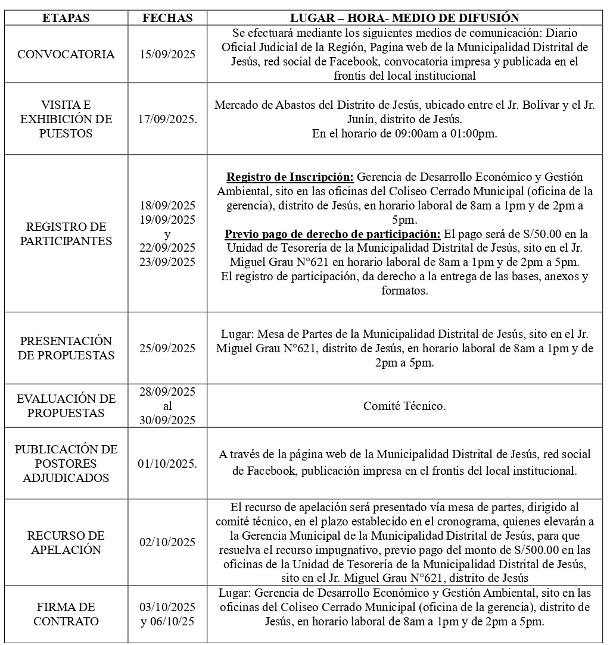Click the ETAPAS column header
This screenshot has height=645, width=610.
coord(66,18)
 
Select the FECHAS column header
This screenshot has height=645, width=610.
coord(167,18)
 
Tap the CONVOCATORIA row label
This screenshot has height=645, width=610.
coord(66,54)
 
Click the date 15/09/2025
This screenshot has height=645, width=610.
coord(167,54)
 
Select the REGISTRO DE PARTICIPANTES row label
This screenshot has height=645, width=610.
coord(66,234)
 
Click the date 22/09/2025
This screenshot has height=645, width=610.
coord(167,248)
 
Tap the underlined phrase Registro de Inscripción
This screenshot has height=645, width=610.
coord(290,177)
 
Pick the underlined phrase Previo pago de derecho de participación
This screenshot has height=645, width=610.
coord(332,234)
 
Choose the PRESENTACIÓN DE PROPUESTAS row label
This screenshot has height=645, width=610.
coord(66,348)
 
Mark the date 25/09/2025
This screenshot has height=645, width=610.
coord(167,348)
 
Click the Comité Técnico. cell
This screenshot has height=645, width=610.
coord(404,406)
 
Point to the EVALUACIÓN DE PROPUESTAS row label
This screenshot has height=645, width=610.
coord(66,406)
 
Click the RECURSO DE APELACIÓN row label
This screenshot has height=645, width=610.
coord(66,543)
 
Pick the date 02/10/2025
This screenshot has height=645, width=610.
coord(167,542)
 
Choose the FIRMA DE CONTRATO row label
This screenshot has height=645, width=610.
coord(66,614)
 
